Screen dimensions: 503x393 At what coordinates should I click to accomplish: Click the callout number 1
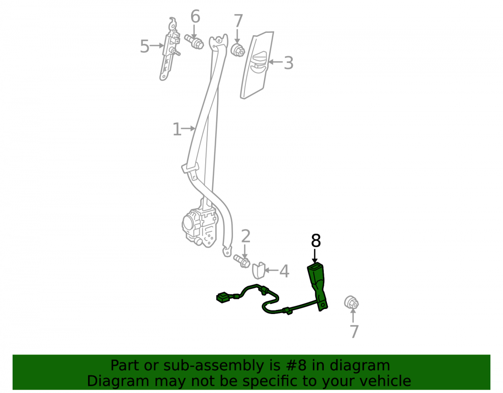[x=177, y=129]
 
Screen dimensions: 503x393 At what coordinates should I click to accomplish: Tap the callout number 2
[x=245, y=236]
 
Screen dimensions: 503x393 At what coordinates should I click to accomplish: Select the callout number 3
[x=289, y=62]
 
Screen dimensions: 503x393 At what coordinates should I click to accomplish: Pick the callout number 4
[x=284, y=271]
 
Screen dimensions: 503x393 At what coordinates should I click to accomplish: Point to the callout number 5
[x=145, y=46]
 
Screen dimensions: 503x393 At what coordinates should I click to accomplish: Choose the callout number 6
[x=195, y=17]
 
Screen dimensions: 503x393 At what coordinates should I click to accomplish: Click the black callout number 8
[x=316, y=241]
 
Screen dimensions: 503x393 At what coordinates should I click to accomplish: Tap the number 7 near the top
[x=238, y=21]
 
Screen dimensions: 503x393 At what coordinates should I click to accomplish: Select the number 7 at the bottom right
[x=354, y=332]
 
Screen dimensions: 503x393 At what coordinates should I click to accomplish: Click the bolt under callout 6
[x=194, y=42]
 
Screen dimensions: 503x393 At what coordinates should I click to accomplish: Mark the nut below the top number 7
[x=238, y=50]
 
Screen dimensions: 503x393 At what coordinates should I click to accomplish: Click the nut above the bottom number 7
[x=351, y=302]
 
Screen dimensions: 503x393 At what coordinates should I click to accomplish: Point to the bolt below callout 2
[x=242, y=261]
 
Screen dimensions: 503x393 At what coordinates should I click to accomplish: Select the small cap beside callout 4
[x=259, y=271]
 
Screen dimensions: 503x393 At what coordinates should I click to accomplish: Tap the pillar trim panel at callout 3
[x=257, y=65]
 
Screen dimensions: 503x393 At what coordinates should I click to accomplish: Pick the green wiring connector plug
[x=223, y=297]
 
